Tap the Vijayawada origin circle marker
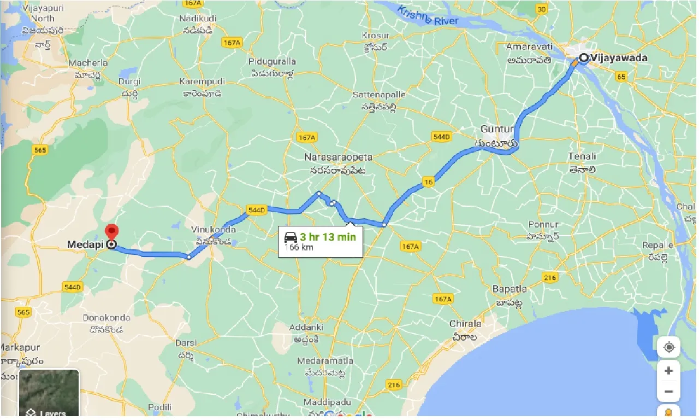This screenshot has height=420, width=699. click(x=584, y=57)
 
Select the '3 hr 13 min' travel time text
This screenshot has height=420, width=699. click(x=328, y=237)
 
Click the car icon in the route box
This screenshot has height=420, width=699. click(x=291, y=237)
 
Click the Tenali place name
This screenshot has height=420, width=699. click(x=582, y=156)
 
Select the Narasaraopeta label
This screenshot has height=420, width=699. click(x=338, y=157)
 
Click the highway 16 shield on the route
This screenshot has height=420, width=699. click(x=428, y=182)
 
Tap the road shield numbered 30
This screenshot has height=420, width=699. click(x=542, y=9)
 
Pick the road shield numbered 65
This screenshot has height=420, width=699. click(x=621, y=77)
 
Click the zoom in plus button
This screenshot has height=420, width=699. click(x=668, y=371)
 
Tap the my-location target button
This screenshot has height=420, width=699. click(x=668, y=347)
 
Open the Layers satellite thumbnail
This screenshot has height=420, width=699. click(x=50, y=393)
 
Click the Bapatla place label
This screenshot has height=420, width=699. click(x=510, y=288)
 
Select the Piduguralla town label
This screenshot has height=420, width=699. click(x=271, y=61)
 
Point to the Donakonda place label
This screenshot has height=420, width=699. click(x=106, y=318)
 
